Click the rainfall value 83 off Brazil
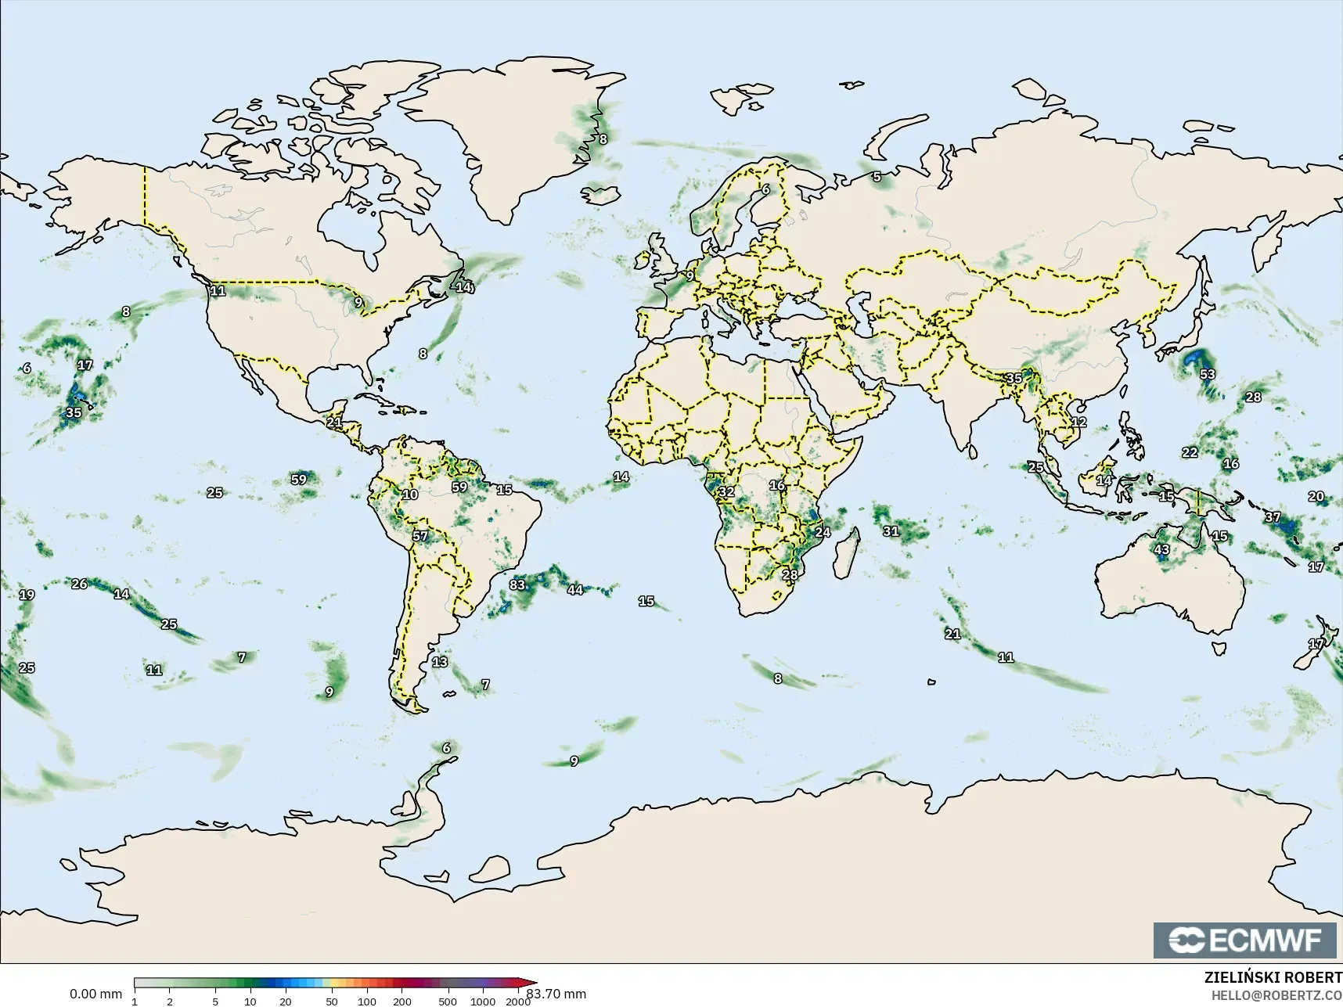click(x=517, y=584)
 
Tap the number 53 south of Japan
click(x=1208, y=374)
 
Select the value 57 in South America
click(x=420, y=536)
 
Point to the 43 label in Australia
click(x=1162, y=549)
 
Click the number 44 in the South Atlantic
click(x=575, y=589)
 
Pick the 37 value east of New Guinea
click(x=1273, y=517)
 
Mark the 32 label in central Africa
click(x=726, y=491)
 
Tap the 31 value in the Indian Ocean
click(x=891, y=530)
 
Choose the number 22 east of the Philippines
click(x=1190, y=452)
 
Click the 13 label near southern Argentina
click(x=440, y=662)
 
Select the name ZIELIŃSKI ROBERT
click(x=1273, y=978)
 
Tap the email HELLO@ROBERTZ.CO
click(x=1276, y=994)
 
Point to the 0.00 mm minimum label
click(x=95, y=994)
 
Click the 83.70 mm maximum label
click(x=556, y=994)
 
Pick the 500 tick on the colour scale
click(x=448, y=1001)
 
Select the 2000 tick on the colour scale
click(x=518, y=1001)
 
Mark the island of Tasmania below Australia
click(x=1217, y=649)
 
